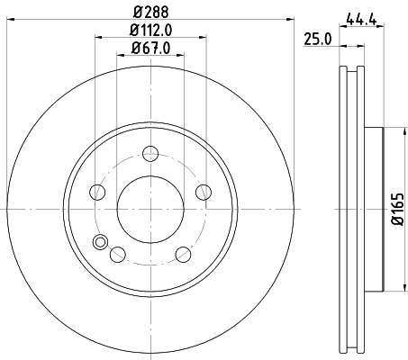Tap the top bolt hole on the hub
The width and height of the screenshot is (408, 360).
point(149,153)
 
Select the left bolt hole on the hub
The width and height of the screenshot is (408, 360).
point(95,192)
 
